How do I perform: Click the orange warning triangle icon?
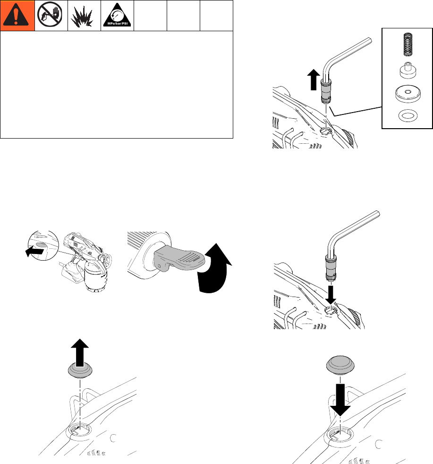point(16,16)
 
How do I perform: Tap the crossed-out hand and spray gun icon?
point(51,16)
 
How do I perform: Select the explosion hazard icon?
point(84,16)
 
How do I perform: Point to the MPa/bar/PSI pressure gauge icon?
point(117,16)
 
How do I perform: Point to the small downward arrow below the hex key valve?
point(331,295)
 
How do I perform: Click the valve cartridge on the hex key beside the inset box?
point(326,91)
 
